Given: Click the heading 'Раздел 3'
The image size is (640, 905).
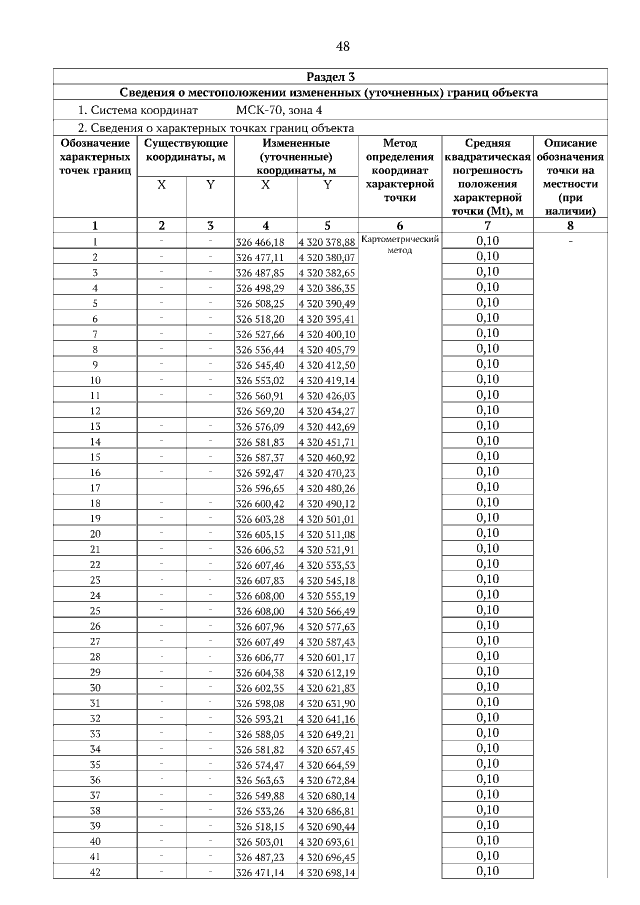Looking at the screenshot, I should pyautogui.click(x=329, y=76).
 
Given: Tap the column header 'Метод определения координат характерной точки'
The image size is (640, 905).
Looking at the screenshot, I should pyautogui.click(x=399, y=171).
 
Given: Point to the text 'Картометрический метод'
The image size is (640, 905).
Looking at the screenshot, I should pyautogui.click(x=399, y=245).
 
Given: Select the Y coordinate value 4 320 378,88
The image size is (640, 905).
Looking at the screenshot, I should pyautogui.click(x=327, y=242).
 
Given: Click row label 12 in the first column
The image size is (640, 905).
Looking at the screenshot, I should pyautogui.click(x=94, y=410).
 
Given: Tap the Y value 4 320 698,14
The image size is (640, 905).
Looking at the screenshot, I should pyautogui.click(x=327, y=873).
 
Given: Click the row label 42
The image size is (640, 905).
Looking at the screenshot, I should pyautogui.click(x=94, y=872).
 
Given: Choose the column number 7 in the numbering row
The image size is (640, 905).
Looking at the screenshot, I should pyautogui.click(x=486, y=226).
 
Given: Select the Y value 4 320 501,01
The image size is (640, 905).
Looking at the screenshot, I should pyautogui.click(x=327, y=519).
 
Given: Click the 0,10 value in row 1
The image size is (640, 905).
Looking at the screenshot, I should pyautogui.click(x=486, y=241).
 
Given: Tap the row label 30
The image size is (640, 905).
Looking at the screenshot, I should pyautogui.click(x=94, y=687).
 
